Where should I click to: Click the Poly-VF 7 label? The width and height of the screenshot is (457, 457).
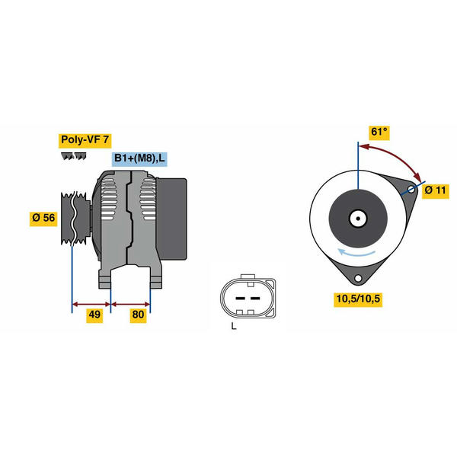[x=85, y=140]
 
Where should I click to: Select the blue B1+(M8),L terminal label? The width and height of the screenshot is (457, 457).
[x=139, y=158]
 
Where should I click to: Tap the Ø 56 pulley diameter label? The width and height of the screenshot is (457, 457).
[x=43, y=218]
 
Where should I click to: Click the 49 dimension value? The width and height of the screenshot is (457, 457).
[x=94, y=315]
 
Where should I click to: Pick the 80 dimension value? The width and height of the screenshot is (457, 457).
[x=138, y=315]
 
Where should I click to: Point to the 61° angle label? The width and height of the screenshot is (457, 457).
[x=379, y=133]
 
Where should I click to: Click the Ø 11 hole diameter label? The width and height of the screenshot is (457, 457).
[x=436, y=191]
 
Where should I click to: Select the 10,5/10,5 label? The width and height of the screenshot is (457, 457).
[x=358, y=299]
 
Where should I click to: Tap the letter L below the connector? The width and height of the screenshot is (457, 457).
[x=234, y=326]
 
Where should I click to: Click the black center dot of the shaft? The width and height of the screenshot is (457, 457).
[x=358, y=219]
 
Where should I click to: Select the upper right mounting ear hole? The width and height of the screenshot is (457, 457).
[x=411, y=190]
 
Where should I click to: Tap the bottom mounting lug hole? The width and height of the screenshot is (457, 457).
[x=358, y=278]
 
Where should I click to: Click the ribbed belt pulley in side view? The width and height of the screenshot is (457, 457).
[x=75, y=218]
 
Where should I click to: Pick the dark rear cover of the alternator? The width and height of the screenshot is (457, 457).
[x=171, y=219]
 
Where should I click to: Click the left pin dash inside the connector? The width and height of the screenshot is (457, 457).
[x=240, y=298]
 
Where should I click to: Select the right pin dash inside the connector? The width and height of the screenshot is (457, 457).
[x=255, y=298]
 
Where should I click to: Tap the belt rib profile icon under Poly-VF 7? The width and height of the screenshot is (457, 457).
[x=74, y=156]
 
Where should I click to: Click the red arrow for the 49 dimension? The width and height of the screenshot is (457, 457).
[x=91, y=304]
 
